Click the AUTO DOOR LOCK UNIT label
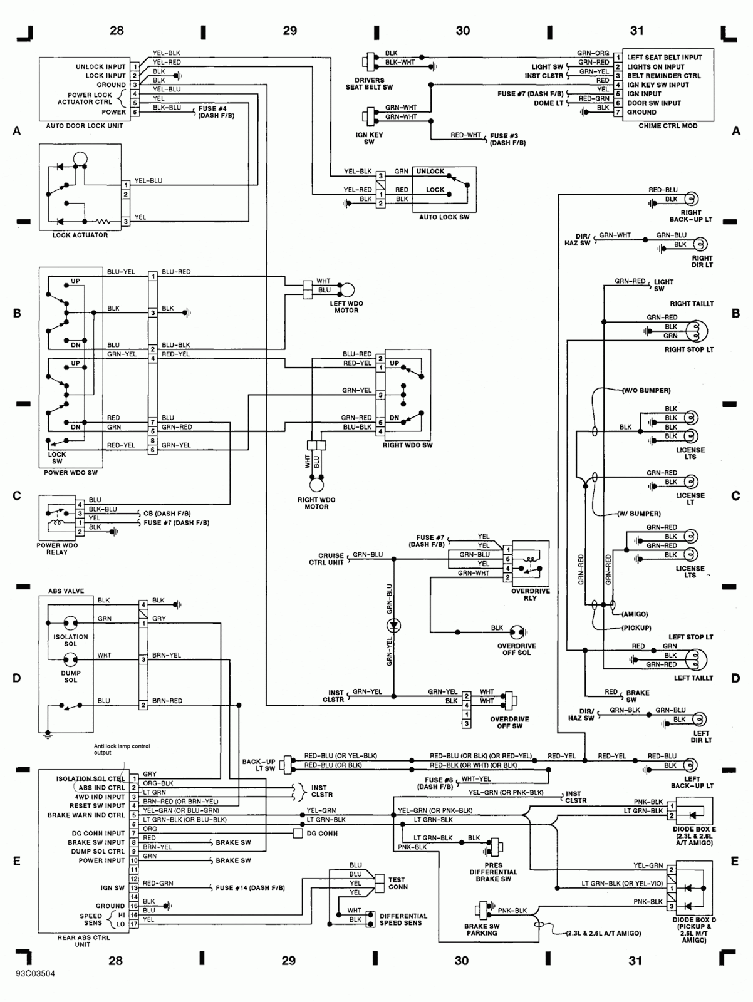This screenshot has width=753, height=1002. [84, 126]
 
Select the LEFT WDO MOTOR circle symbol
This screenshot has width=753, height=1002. [346, 290]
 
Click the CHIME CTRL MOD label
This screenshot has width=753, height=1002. [668, 126]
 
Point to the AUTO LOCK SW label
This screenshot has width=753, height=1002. [444, 217]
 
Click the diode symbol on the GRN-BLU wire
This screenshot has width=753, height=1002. [394, 625]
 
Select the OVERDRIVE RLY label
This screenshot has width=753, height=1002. [530, 594]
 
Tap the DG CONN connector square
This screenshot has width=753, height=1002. [298, 834]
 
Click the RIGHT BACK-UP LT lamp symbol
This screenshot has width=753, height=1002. [690, 199]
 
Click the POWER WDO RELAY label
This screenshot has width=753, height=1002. [57, 549]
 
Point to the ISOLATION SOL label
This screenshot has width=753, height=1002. [70, 640]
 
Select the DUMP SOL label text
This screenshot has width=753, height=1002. [70, 676]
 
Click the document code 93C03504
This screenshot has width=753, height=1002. [36, 974]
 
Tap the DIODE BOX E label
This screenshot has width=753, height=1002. [694, 829]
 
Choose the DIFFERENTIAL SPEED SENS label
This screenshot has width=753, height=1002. [403, 919]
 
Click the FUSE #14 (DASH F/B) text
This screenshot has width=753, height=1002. [250, 888]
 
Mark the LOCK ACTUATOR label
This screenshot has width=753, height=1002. [80, 235]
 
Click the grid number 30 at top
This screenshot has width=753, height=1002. [463, 31]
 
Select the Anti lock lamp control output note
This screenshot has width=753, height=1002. [122, 750]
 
